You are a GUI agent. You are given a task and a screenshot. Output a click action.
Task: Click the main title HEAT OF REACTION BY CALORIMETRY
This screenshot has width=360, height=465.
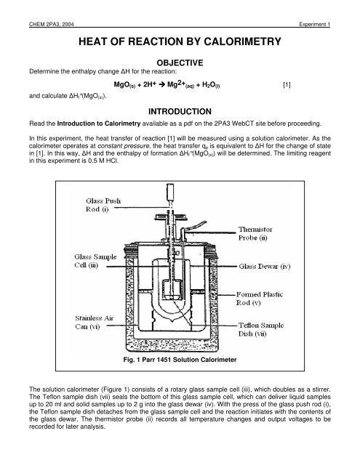pyautogui.click(x=180, y=43)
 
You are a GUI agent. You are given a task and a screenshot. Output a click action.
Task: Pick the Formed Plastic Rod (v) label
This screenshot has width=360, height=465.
pyautogui.click(x=271, y=279)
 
